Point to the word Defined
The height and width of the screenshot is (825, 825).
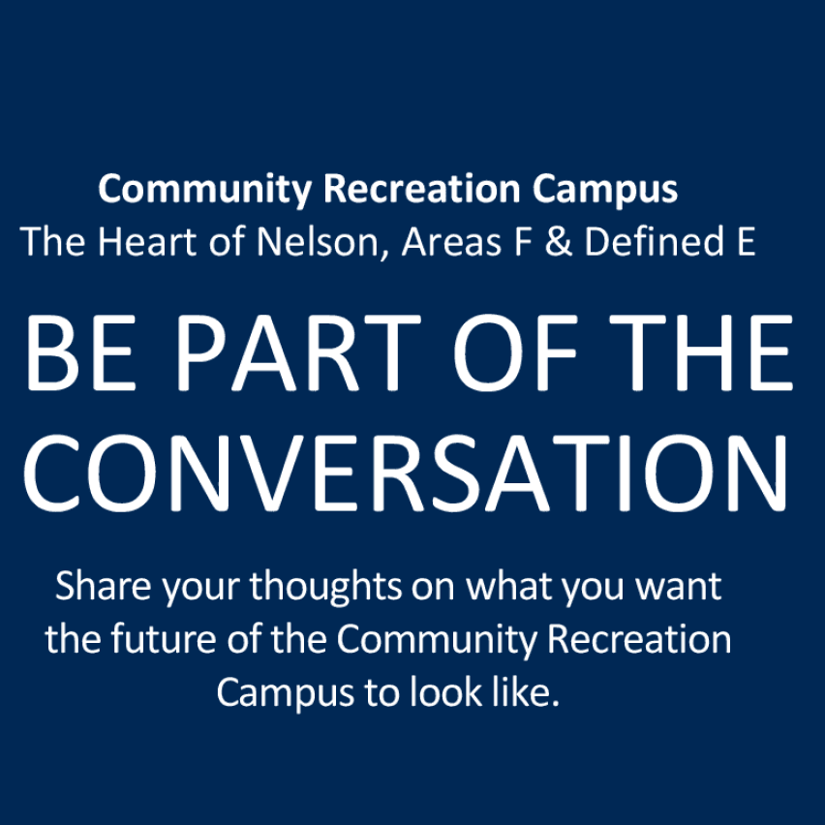(x=651, y=242)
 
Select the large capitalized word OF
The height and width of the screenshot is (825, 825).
(x=516, y=354)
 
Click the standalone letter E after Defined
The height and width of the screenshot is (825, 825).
(x=744, y=242)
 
